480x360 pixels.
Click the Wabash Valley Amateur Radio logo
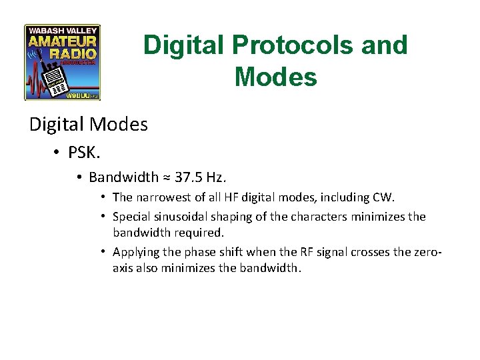[62, 62]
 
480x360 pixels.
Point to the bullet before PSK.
[57, 153]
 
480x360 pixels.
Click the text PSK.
[84, 153]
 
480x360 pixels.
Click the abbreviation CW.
[384, 197]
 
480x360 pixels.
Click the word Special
[131, 217]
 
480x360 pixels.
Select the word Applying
[135, 252]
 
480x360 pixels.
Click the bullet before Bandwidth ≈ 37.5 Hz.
[79, 177]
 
